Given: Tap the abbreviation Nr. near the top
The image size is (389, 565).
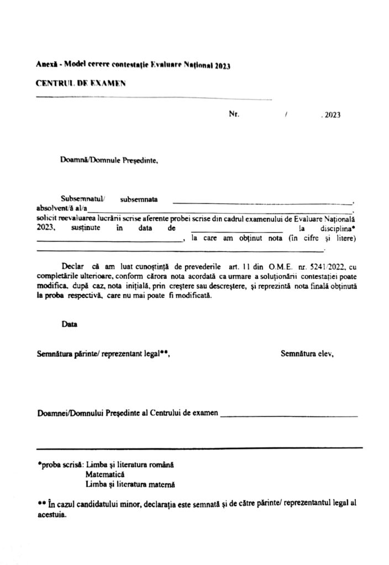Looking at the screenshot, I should (x=233, y=115).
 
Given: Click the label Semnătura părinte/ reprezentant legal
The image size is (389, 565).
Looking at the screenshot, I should (x=103, y=354).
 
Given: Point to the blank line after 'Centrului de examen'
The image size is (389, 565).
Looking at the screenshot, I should (x=288, y=415).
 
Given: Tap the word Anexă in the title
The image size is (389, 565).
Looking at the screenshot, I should (x=47, y=65).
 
